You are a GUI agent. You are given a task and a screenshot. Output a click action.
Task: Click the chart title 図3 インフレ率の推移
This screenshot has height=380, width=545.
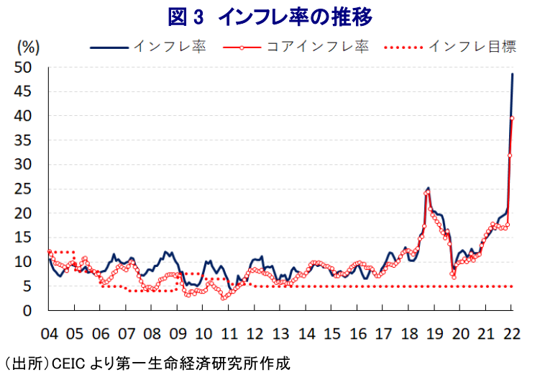[x=272, y=15]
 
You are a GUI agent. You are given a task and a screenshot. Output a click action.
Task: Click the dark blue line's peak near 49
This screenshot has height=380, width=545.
[x=513, y=73]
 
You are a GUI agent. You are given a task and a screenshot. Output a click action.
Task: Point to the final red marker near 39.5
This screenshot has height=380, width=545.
[x=512, y=118]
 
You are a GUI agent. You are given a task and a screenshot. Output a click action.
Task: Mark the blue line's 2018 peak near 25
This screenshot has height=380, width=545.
[x=429, y=188]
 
